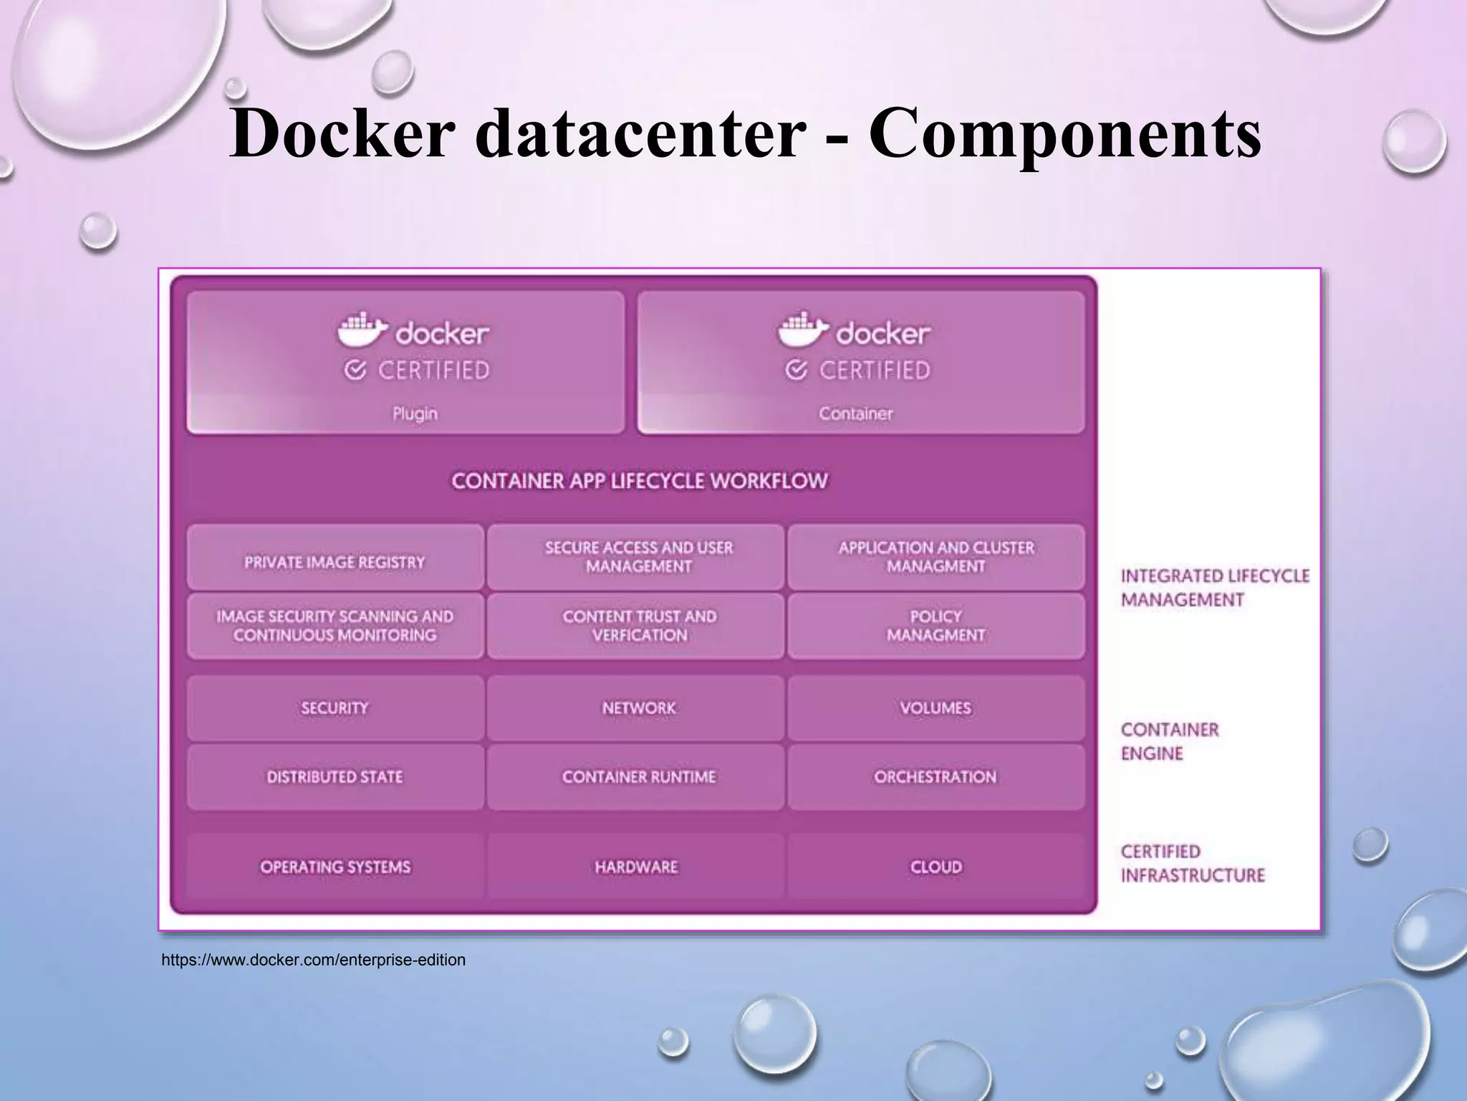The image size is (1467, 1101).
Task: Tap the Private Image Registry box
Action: click(335, 558)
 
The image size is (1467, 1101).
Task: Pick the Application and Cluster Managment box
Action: click(935, 558)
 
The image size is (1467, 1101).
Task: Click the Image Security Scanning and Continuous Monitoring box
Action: click(335, 626)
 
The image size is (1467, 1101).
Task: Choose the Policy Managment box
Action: click(935, 626)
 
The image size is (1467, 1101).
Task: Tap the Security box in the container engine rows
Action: click(335, 708)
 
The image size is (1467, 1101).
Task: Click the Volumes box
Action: click(935, 708)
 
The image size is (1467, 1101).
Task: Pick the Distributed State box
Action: click(335, 777)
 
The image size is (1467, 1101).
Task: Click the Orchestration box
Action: click(935, 777)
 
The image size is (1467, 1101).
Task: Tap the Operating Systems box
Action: click(335, 867)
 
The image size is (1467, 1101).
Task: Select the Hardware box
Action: click(636, 867)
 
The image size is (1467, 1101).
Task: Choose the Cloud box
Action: click(935, 867)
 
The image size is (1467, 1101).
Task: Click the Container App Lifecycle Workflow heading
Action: click(639, 481)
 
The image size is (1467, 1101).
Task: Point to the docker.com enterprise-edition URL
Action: click(313, 960)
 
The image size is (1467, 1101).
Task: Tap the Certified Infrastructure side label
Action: click(1193, 863)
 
